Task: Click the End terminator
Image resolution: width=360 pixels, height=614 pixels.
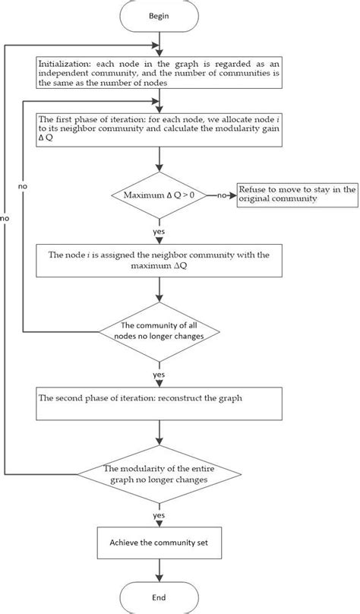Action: [x=159, y=597]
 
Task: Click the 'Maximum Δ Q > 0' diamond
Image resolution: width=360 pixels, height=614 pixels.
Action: [x=159, y=196]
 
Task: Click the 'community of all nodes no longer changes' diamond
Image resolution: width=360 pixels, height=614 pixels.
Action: [x=159, y=332]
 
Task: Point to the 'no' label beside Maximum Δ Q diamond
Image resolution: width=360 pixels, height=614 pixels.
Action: [x=222, y=196]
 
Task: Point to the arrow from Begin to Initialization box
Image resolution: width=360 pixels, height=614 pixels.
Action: [x=159, y=46]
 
